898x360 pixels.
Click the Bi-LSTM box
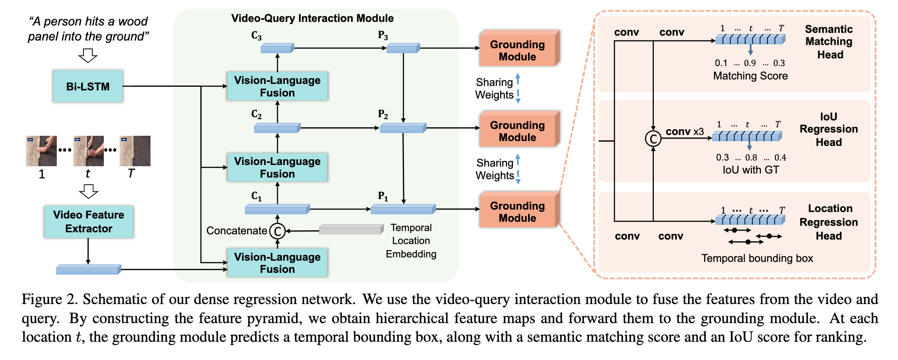[x=88, y=86]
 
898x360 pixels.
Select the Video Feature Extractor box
[x=88, y=222]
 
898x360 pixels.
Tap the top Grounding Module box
[x=518, y=50]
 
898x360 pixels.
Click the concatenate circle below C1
[x=278, y=231]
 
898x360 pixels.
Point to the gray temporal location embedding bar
[x=351, y=230]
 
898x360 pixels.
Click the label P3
[x=383, y=36]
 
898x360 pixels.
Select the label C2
[x=256, y=114]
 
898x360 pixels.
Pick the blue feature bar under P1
[x=403, y=209]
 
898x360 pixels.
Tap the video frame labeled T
[x=135, y=151]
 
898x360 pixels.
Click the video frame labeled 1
[x=41, y=151]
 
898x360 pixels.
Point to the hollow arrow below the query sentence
[x=88, y=56]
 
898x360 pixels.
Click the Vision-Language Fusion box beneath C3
[x=277, y=86]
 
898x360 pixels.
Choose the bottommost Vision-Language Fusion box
[x=277, y=263]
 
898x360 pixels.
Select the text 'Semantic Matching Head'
[x=829, y=42]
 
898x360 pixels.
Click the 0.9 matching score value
[x=750, y=63]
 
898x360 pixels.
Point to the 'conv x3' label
[x=685, y=132]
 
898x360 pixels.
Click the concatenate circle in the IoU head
[x=653, y=139]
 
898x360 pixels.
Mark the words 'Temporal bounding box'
[x=757, y=258]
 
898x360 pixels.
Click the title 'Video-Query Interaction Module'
[x=312, y=18]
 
